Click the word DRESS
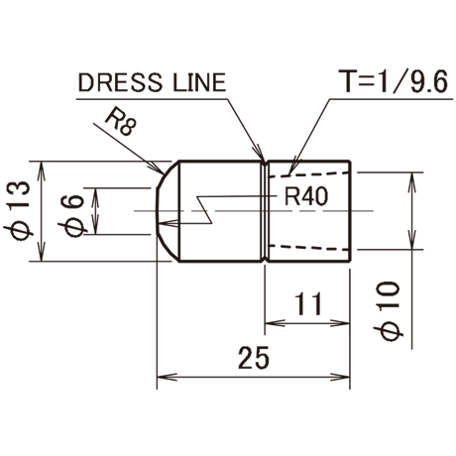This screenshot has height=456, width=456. pyautogui.click(x=120, y=82)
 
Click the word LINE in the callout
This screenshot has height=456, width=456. pyautogui.click(x=199, y=82)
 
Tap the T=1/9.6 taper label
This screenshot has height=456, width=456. pyautogui.click(x=396, y=81)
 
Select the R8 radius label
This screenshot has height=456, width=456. pyautogui.click(x=120, y=123)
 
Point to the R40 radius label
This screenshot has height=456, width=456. pyautogui.click(x=306, y=196)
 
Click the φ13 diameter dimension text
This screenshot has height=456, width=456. pyautogui.click(x=19, y=210)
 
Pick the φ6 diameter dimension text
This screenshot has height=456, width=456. pyautogui.click(x=73, y=216)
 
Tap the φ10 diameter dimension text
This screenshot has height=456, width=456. pyautogui.click(x=389, y=311)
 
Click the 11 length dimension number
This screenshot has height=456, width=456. pyautogui.click(x=308, y=303)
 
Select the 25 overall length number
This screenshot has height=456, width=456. pyautogui.click(x=254, y=358)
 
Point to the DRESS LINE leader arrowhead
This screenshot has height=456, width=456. pyautogui.click(x=260, y=154)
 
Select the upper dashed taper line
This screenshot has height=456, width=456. pyautogui.click(x=310, y=174)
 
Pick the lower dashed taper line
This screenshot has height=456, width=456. pyautogui.click(x=310, y=248)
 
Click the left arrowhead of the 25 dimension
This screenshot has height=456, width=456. pyautogui.click(x=167, y=377)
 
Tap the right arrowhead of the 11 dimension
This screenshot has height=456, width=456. pyautogui.click(x=340, y=323)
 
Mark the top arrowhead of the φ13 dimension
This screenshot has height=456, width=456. pyautogui.click(x=41, y=171)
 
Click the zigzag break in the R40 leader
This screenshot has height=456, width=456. pyautogui.click(x=204, y=210)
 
